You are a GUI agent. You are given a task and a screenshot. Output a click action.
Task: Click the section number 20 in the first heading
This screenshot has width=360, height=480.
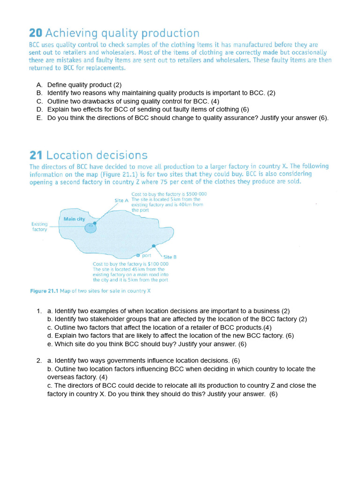(36, 33)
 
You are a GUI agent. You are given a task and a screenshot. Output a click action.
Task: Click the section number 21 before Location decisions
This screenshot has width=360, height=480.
(36, 155)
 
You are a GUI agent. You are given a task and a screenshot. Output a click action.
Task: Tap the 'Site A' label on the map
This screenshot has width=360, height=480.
(121, 200)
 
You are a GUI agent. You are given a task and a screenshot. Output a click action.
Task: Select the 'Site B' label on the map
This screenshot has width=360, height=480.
(170, 257)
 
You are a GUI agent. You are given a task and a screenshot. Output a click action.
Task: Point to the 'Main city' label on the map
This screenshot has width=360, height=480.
(75, 219)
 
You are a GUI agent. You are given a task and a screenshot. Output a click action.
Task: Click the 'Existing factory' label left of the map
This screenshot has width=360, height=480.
(39, 227)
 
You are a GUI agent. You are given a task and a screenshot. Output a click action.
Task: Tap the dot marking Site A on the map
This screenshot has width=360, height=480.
(95, 223)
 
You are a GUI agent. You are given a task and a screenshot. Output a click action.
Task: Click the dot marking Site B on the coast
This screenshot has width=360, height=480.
(154, 246)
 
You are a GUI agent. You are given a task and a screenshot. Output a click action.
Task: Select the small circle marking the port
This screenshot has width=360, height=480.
(138, 255)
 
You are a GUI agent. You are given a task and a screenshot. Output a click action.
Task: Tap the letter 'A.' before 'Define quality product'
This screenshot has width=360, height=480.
(39, 85)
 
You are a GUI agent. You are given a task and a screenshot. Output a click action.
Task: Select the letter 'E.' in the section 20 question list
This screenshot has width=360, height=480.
(39, 118)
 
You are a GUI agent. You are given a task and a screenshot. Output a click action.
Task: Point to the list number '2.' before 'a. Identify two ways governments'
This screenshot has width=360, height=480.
(39, 361)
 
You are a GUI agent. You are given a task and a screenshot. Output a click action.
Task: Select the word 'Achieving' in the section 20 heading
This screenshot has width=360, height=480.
(67, 33)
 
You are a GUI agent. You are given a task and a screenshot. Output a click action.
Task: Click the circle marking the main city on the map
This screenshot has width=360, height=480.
(90, 228)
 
